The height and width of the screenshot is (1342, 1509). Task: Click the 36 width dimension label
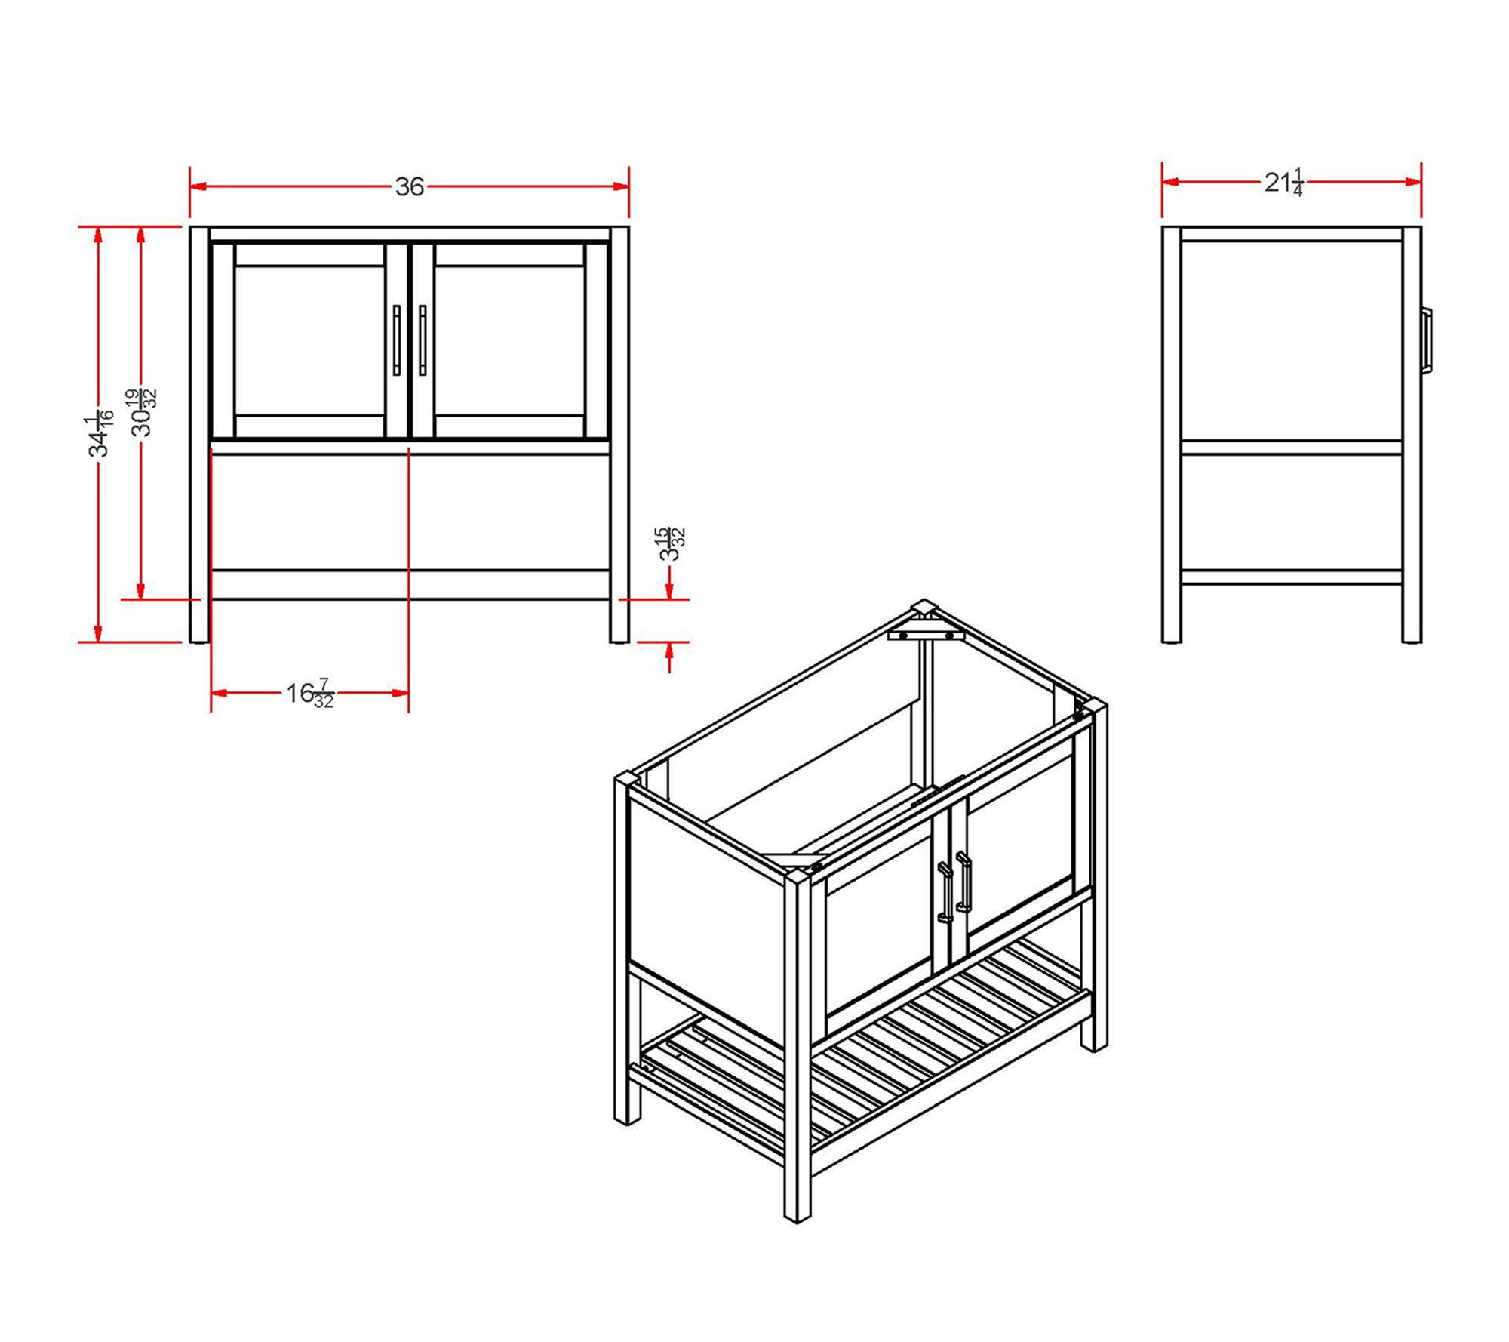tap(410, 186)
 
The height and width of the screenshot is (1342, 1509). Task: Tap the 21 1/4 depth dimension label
tap(1284, 183)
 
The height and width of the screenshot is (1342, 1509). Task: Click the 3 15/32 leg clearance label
tap(672, 543)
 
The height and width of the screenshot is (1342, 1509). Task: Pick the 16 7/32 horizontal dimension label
tap(310, 693)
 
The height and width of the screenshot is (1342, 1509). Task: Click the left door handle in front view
tap(397, 340)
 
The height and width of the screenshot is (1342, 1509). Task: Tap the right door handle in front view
tap(423, 340)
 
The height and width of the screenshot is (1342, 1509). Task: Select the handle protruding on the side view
tap(1427, 340)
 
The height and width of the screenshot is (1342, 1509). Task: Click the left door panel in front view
tap(310, 340)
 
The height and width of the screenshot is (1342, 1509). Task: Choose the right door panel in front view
tap(510, 340)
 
